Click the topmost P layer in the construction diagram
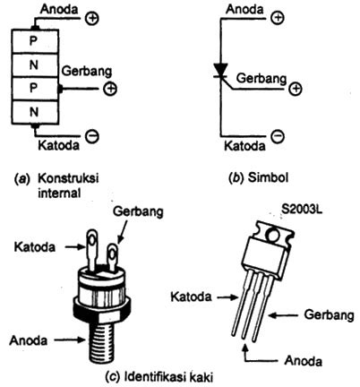[33, 41]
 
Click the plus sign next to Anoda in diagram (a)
[89, 13]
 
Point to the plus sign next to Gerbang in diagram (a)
[110, 89]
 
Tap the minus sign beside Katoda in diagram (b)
[279, 137]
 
